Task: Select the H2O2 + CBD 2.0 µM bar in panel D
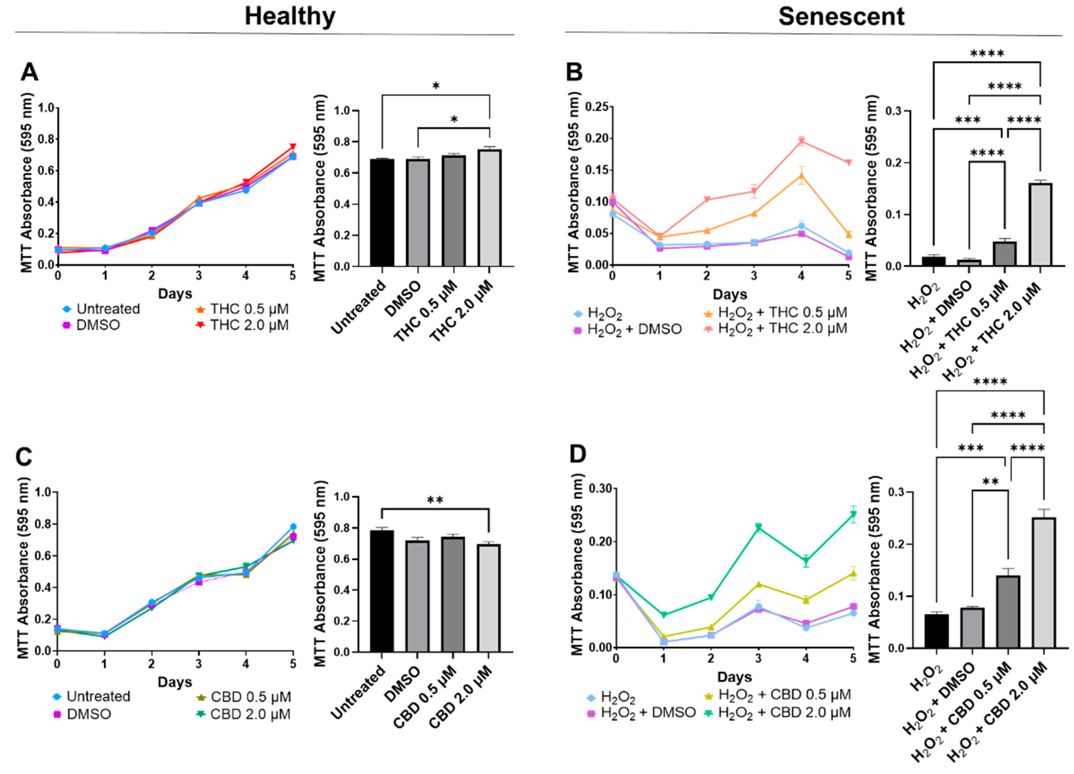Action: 1044,582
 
